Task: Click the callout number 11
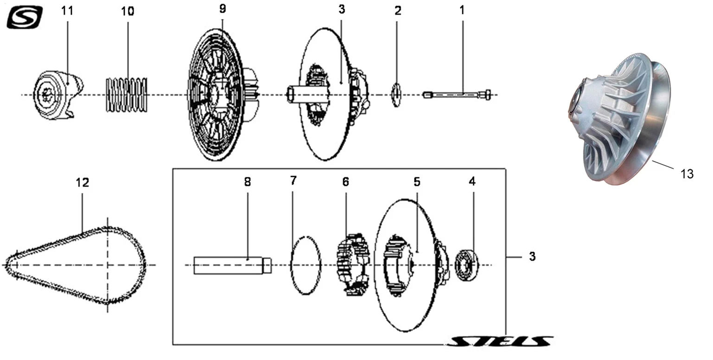67,11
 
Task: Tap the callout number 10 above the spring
127,12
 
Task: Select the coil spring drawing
127,95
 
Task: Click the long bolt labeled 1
457,95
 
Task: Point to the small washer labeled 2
396,95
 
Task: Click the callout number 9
223,9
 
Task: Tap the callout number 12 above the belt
83,183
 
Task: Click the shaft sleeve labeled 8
232,265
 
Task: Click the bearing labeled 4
467,265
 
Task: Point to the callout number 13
687,174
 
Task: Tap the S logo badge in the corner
25,17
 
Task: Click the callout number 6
346,182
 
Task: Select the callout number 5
417,182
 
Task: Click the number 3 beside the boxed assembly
532,256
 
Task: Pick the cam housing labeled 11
58,95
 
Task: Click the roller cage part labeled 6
353,265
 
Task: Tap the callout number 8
247,182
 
